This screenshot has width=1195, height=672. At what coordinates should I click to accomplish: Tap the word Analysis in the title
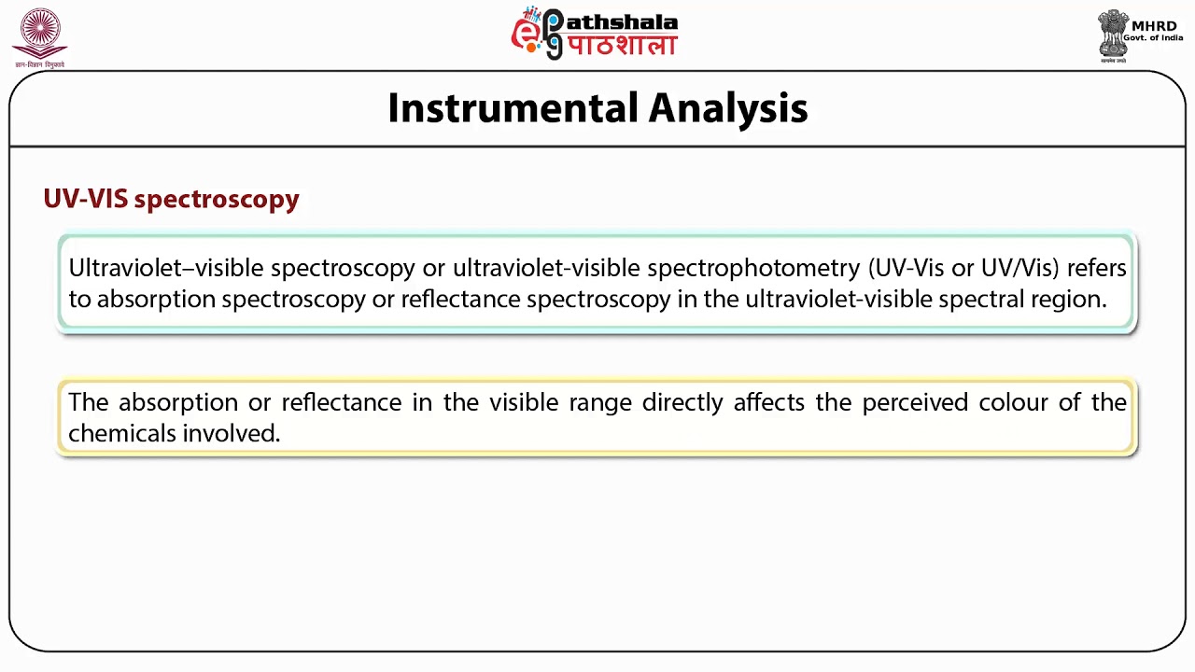click(x=728, y=108)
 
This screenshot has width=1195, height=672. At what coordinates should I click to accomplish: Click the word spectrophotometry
click(x=753, y=268)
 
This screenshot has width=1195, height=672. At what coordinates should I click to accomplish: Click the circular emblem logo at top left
click(x=39, y=34)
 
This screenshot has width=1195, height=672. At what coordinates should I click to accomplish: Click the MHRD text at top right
click(x=1153, y=25)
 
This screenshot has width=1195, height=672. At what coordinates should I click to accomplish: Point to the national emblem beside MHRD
click(x=1112, y=35)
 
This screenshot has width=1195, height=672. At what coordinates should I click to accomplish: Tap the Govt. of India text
click(x=1153, y=38)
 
